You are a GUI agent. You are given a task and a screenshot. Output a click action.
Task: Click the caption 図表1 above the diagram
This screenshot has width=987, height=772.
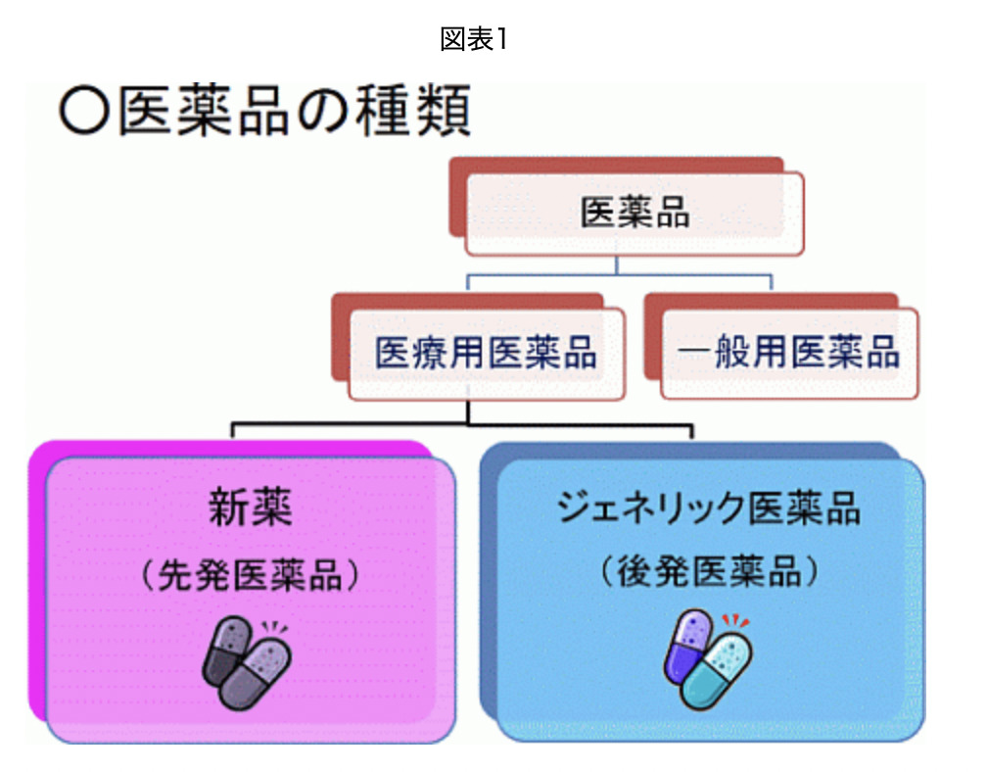[475, 40]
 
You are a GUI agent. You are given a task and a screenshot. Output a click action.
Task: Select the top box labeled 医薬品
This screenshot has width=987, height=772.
[634, 213]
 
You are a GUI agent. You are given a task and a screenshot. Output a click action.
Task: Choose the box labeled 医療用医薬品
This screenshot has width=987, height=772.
[486, 354]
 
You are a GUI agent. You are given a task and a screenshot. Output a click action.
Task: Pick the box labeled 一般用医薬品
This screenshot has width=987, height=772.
[789, 353]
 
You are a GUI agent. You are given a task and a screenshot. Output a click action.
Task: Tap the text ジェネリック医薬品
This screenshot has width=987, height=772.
[708, 507]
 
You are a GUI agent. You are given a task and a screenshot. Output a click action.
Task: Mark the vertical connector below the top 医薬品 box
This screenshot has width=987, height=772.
[616, 265]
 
